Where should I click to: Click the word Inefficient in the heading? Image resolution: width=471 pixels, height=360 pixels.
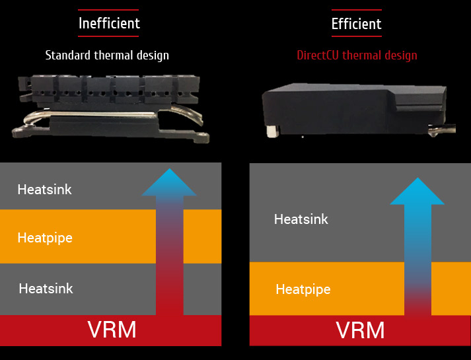coord(109,24)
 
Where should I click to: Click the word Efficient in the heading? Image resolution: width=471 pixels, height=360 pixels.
coord(356,24)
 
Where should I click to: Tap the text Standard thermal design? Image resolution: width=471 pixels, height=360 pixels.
coord(107,55)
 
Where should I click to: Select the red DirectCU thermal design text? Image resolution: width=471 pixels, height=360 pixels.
coord(356,55)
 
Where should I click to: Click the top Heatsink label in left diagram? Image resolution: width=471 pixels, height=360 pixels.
coord(45,190)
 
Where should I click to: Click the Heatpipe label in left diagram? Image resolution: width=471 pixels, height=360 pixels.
coord(45,237)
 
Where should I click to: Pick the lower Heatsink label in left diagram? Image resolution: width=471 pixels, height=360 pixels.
coord(46,288)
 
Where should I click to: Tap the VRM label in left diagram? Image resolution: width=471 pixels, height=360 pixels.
coord(112,330)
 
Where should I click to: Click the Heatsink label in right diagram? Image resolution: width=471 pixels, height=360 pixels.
coord(301,219)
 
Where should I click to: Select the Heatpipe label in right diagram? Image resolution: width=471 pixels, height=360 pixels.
coord(303,289)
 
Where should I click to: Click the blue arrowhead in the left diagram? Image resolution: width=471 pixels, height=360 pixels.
coord(170,183)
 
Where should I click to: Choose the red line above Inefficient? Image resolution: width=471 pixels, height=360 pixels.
coord(109,10)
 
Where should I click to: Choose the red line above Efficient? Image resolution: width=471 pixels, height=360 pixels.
coord(356,10)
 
